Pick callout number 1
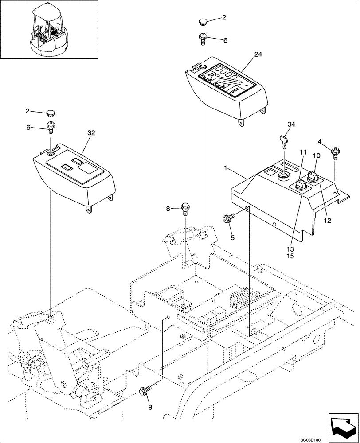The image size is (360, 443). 227,169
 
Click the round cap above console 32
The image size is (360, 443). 50,113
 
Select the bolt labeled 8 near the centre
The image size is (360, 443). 185,207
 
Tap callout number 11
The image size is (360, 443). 303,152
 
